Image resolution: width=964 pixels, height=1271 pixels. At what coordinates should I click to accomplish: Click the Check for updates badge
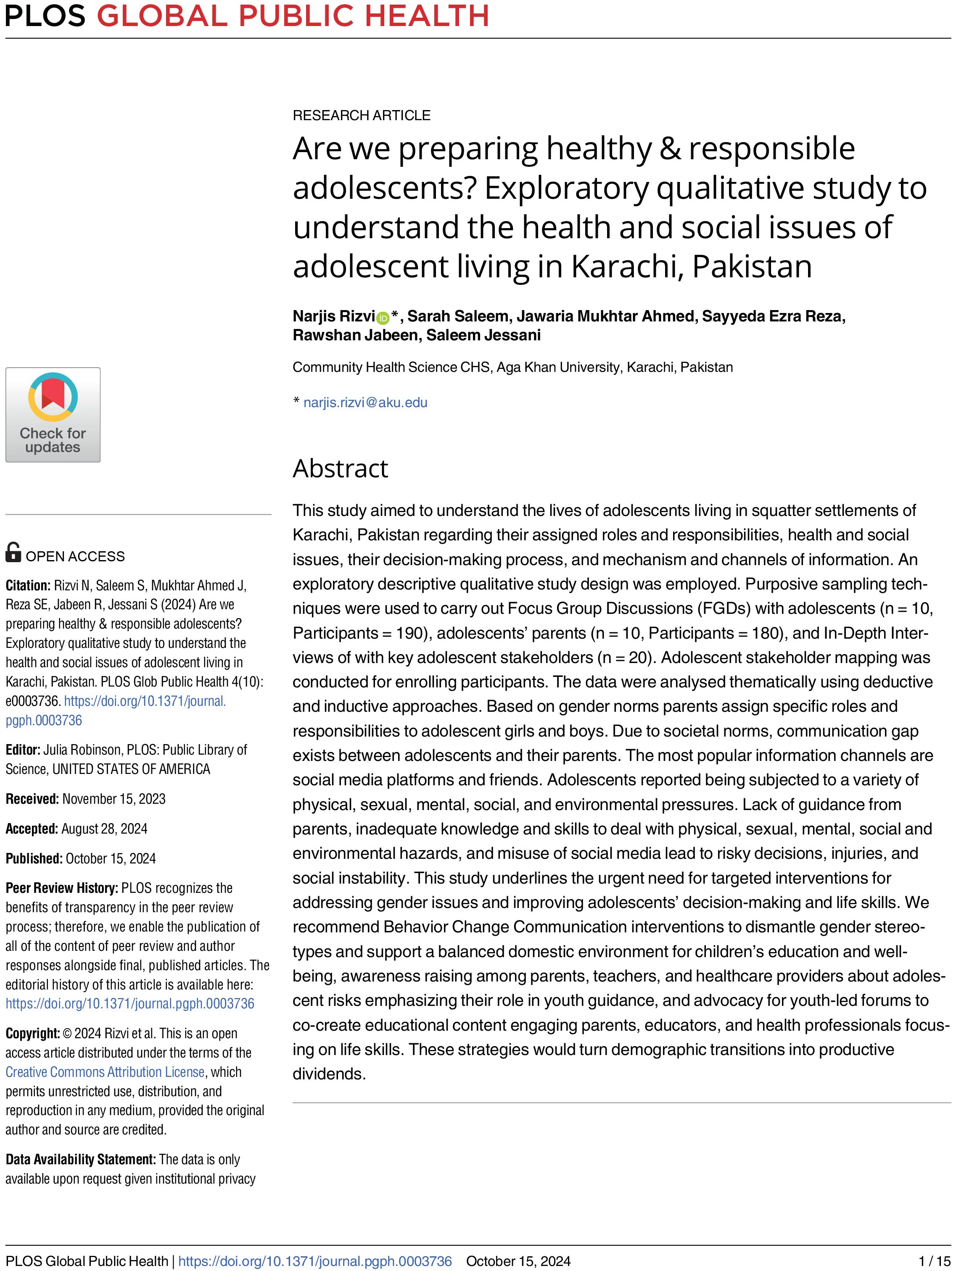(53, 414)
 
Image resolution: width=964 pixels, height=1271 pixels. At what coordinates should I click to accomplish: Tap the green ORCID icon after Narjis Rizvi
(383, 317)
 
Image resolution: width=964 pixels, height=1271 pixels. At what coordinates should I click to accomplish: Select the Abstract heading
(340, 468)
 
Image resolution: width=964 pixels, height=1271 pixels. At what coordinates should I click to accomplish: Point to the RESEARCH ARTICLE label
(361, 116)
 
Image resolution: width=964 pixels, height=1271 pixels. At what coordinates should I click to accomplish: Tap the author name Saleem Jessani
(483, 335)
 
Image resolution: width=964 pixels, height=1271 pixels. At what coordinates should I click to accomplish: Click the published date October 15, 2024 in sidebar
(111, 858)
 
